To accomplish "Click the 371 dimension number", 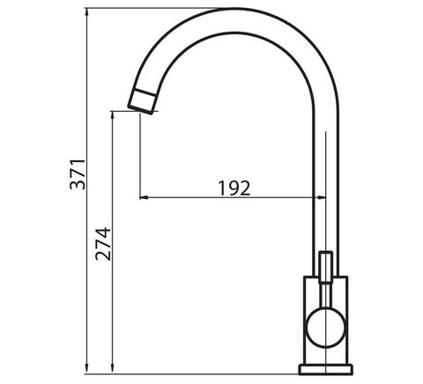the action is (x=78, y=174).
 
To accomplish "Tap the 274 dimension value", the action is (x=103, y=244).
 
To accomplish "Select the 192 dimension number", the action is (x=234, y=188).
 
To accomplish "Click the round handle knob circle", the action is (x=326, y=328).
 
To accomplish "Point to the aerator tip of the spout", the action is (x=142, y=101).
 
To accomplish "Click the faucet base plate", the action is (x=326, y=369).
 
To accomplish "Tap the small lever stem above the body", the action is (x=326, y=267).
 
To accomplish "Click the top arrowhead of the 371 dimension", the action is (x=86, y=12).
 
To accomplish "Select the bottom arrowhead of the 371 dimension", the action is (x=86, y=369).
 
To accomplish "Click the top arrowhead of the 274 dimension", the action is (x=112, y=115).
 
